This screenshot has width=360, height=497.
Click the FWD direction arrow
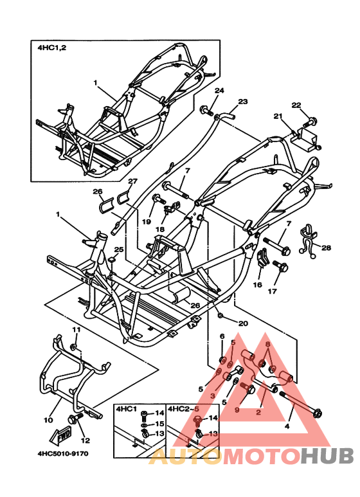61,436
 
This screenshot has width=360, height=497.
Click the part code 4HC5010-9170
64,453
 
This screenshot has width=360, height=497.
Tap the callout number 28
325,248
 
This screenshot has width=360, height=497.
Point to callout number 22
296,105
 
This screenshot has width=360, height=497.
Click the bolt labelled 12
75,418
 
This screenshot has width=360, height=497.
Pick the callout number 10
48,420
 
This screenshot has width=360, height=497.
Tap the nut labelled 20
221,316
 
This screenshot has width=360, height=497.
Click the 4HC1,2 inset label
52,48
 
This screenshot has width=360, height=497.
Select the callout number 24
219,91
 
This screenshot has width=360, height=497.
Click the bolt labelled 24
206,111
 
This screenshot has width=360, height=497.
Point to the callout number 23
243,102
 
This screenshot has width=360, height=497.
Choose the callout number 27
132,181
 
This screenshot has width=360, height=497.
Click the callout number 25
118,249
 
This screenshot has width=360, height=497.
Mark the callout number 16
257,285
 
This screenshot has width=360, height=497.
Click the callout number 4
287,426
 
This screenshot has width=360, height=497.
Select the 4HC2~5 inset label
180,409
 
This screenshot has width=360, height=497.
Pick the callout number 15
159,424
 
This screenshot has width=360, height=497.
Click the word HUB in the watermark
327,456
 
